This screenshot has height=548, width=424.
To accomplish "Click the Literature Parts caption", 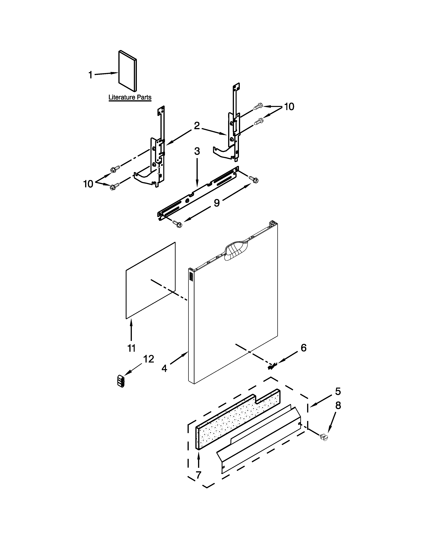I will [x=130, y=97].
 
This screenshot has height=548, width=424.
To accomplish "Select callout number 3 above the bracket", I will [x=197, y=151].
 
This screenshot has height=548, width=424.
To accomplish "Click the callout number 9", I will [x=216, y=203].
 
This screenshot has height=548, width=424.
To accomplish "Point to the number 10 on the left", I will [x=88, y=184].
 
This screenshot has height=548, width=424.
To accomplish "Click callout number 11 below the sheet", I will [x=131, y=348].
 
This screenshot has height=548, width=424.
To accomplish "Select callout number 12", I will [x=148, y=359].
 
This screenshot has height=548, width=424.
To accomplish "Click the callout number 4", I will [x=164, y=368].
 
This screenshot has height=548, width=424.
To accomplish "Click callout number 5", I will [x=338, y=391].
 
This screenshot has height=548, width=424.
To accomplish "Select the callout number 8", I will [x=338, y=406].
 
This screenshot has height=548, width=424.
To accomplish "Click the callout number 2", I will [x=197, y=126].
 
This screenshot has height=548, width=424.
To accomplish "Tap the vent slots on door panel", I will [x=191, y=277].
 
